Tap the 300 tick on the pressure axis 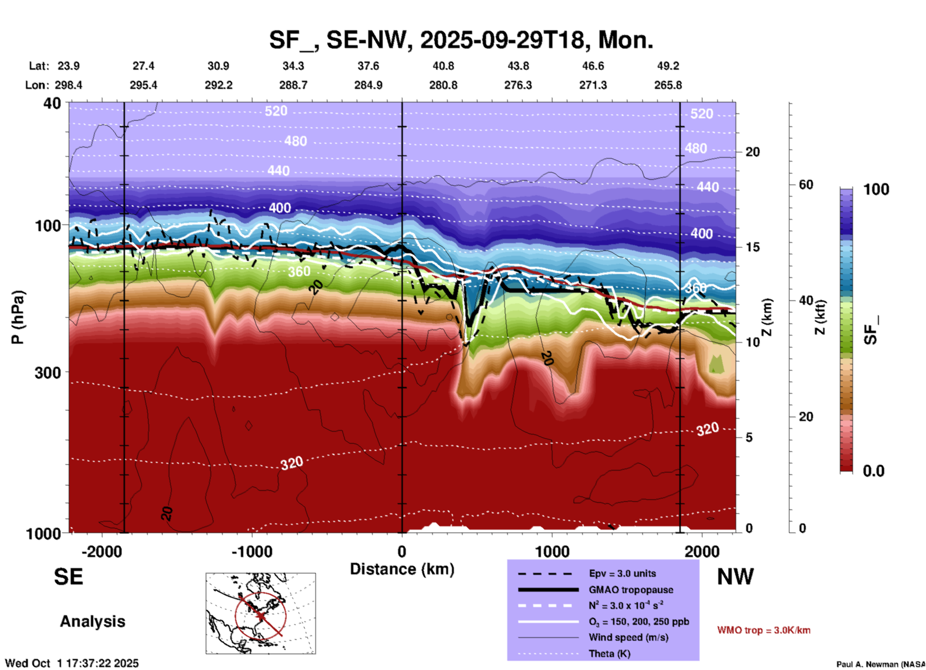(48, 372)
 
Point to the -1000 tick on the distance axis (251, 552)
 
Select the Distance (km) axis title (402, 569)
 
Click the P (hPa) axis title (17, 317)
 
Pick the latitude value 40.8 (443, 66)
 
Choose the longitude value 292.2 (219, 85)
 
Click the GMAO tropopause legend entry (631, 590)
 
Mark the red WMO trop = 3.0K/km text (763, 630)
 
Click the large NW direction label (735, 577)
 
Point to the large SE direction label (68, 577)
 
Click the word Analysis (92, 621)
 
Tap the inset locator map (261, 613)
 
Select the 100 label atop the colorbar (876, 189)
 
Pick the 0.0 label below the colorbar (874, 471)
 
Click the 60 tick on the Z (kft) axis (806, 185)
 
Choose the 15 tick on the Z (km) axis (752, 247)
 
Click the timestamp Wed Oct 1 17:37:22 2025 (72, 663)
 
